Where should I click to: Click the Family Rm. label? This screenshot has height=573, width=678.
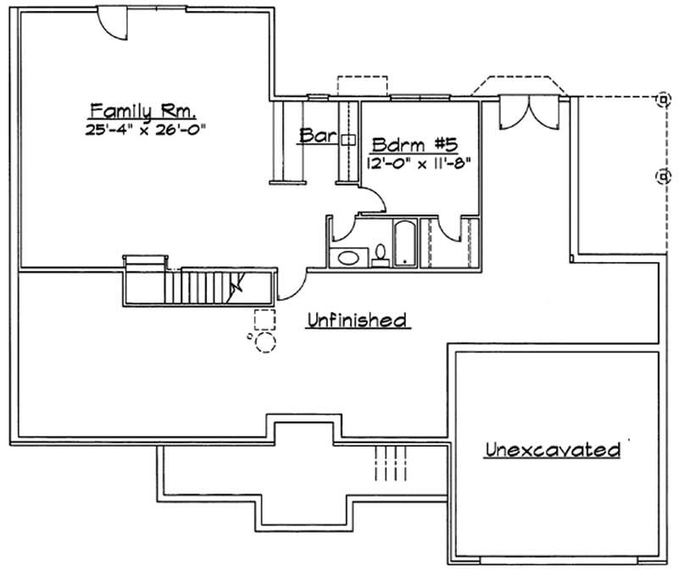[143, 110]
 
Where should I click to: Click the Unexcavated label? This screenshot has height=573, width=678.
[551, 449]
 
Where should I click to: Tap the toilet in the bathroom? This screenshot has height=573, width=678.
[381, 255]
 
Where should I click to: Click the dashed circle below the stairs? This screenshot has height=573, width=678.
[265, 342]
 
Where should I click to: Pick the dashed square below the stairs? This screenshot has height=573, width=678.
[264, 320]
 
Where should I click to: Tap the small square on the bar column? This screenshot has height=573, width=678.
[347, 139]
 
